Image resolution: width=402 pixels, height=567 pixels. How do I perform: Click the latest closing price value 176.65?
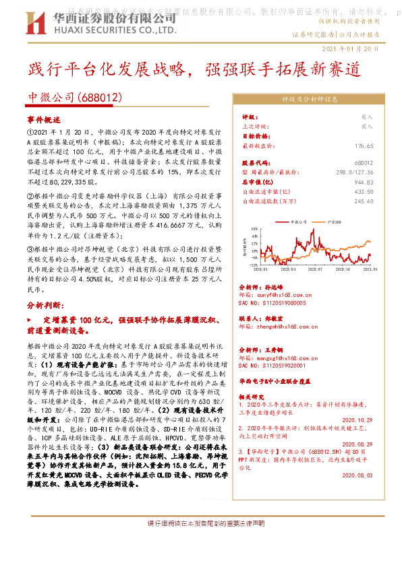coord(364,145)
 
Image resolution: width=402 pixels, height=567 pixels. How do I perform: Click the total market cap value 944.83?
coord(364,182)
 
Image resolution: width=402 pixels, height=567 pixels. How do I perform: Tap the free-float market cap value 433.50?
coord(364,191)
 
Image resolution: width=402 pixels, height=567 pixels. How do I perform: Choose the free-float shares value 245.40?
coord(364,201)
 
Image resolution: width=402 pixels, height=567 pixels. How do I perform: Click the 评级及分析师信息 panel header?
coord(309,98)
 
